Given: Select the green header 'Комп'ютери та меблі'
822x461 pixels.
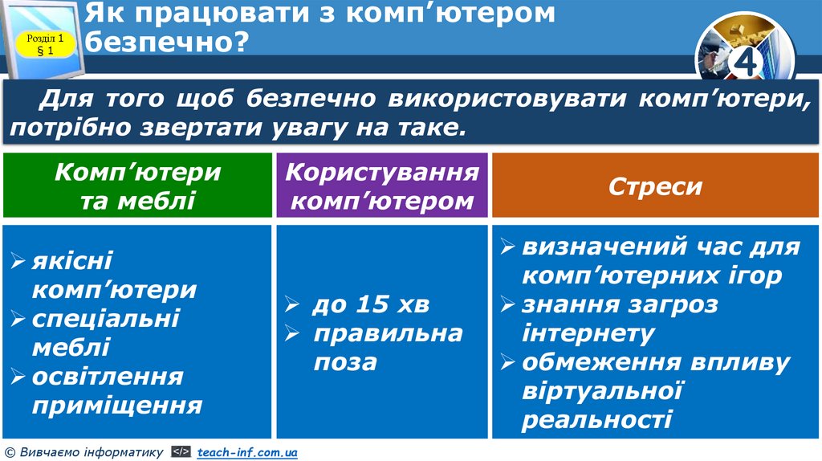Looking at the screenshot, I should coord(137,186).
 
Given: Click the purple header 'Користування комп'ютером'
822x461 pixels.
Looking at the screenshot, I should coord(381,186).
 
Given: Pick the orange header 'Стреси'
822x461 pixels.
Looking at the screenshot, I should coord(655,186).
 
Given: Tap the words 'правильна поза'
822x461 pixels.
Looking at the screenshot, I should coord(387,347).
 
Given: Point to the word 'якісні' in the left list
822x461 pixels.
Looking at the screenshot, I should coord(72,260).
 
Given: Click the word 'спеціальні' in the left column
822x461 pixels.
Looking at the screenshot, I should coord(106,318).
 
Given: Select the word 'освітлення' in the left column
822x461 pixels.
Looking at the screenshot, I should coord(108,376).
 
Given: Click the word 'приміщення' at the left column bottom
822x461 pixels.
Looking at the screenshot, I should coord(117,405).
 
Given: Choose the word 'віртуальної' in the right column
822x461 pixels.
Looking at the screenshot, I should coord(602,391).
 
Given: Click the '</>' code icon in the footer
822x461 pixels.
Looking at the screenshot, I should coord(181,453).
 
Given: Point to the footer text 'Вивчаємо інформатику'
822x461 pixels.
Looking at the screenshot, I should coord(89,453).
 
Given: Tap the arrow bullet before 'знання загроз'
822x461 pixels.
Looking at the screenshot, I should coord(507,305).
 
